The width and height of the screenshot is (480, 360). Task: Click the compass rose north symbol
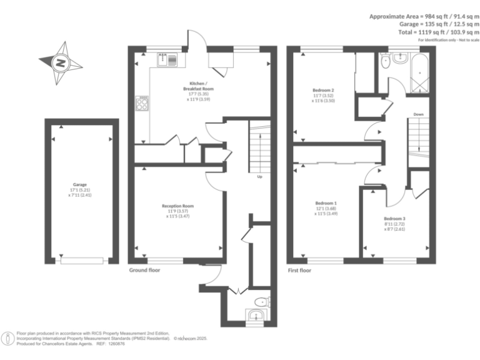(x=61, y=62)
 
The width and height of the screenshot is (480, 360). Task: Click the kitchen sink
(x=169, y=60)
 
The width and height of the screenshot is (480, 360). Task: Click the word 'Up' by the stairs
(x=259, y=176)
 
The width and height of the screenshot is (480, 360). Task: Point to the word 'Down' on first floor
(x=418, y=114)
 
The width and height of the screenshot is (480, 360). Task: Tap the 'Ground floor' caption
(x=144, y=271)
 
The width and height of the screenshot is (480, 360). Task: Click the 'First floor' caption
(x=299, y=271)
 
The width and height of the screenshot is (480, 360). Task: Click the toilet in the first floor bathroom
(x=386, y=62)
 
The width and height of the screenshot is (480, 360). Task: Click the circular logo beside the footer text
(x=8, y=338)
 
